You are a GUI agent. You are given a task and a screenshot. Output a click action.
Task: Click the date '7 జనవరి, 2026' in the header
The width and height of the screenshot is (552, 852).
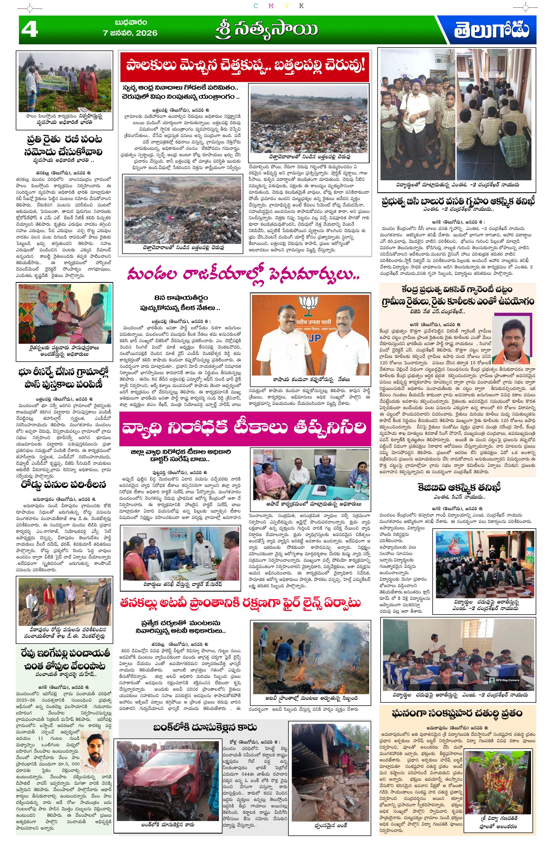click(x=130, y=33)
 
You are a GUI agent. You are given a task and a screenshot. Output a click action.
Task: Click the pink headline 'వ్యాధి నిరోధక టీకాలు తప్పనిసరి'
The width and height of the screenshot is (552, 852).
click(x=245, y=428)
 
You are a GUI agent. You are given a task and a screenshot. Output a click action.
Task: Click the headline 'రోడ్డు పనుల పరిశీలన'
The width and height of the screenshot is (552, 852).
click(x=63, y=485)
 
